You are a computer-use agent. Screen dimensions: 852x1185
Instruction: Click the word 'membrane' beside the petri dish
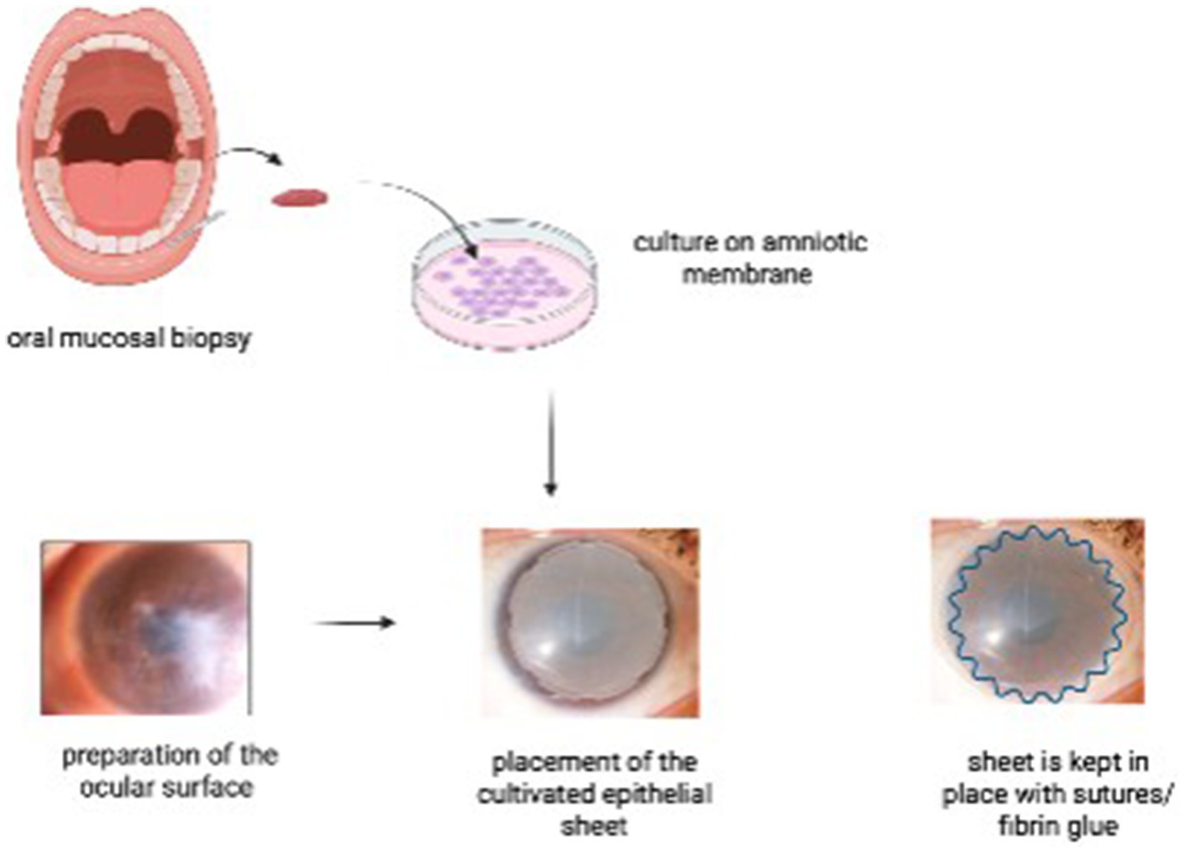(747, 273)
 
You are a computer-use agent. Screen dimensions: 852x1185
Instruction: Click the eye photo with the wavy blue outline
(1037, 611)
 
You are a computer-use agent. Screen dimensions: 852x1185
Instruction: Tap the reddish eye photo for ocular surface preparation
(146, 627)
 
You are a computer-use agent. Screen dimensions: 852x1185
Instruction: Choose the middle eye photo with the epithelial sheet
(590, 623)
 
